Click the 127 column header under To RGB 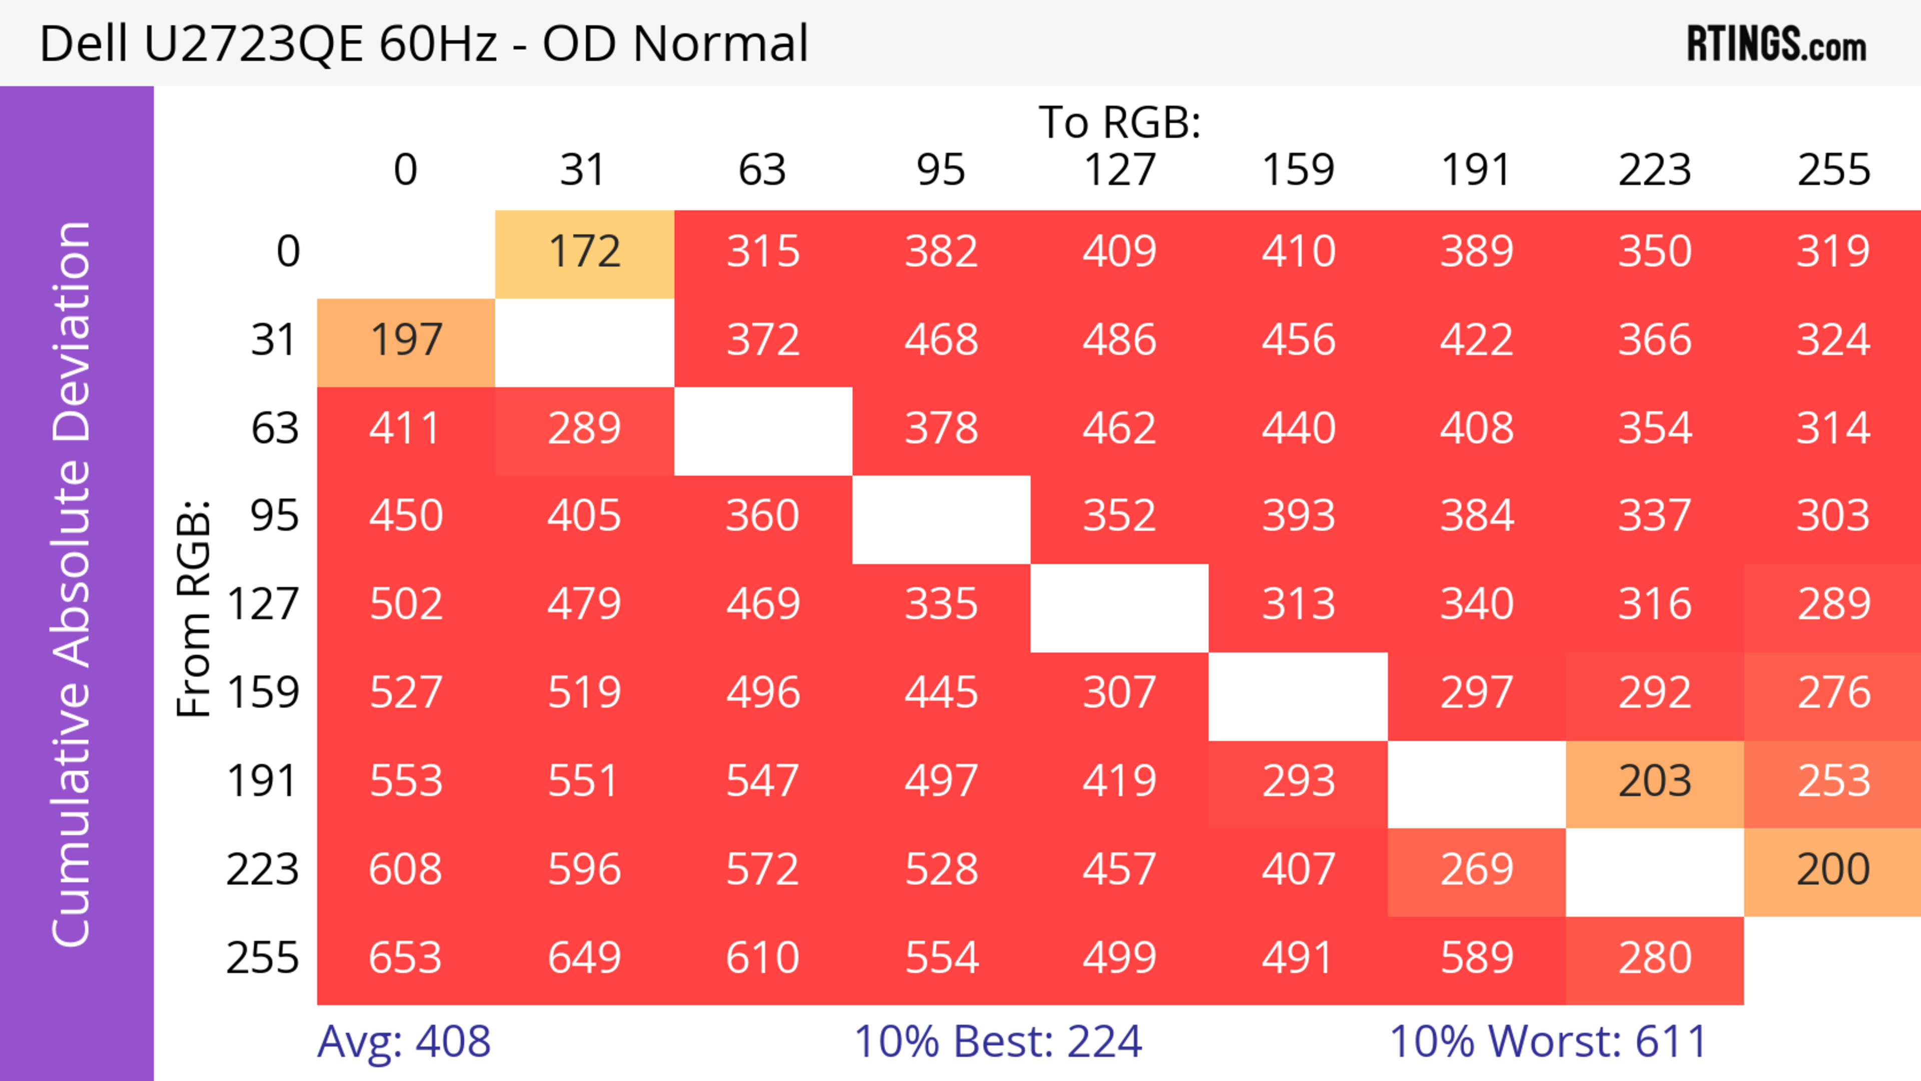(x=1120, y=171)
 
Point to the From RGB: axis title (x=194, y=608)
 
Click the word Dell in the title (x=84, y=44)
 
